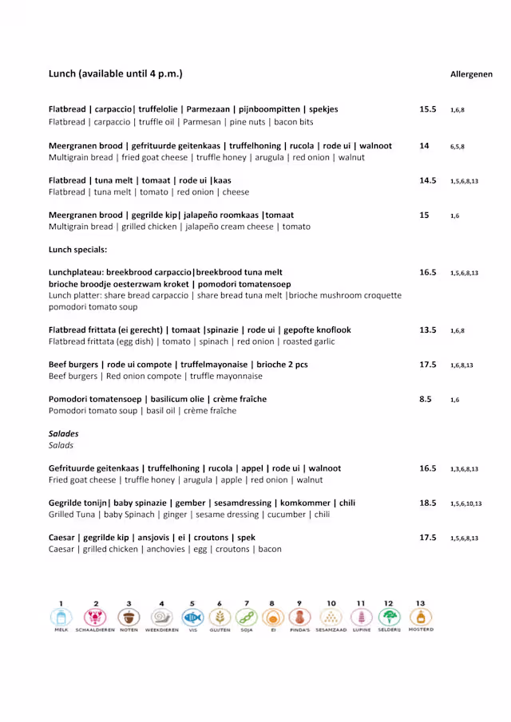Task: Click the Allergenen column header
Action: tap(471, 74)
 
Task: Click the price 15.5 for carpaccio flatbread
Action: tap(428, 109)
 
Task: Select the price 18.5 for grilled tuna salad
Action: tap(428, 503)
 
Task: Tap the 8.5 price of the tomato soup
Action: tap(426, 399)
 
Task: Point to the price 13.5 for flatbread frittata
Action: tap(428, 329)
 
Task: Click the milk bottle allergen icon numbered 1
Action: tap(61, 617)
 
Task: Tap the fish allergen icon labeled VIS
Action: tap(192, 617)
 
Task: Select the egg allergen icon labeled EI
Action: tap(272, 617)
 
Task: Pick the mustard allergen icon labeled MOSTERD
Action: tap(421, 617)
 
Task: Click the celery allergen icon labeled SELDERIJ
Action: tap(389, 617)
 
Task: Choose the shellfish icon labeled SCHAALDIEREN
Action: tap(95, 617)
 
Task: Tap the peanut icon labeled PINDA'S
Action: tap(299, 617)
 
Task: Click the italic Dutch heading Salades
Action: tap(64, 434)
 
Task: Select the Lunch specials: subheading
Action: tap(77, 250)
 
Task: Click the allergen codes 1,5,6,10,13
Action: tap(465, 504)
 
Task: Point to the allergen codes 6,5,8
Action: tap(457, 147)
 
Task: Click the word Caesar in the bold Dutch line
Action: tap(64, 538)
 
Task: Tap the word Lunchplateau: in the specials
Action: tap(76, 272)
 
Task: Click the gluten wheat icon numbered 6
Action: tap(220, 617)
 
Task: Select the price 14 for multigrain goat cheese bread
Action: tap(424, 146)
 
